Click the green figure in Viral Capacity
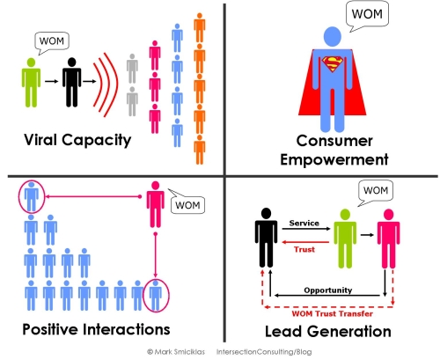[x=31, y=83]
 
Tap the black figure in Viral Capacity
[x=71, y=83]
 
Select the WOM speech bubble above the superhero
[x=367, y=14]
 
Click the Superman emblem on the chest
[x=333, y=64]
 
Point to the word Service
[x=304, y=223]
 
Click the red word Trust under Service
[x=304, y=249]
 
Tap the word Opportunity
[x=328, y=290]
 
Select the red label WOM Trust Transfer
[x=333, y=313]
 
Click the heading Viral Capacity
[x=77, y=140]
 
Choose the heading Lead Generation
[x=328, y=332]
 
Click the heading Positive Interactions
[x=96, y=329]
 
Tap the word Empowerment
[x=334, y=160]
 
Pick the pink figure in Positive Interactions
[x=156, y=204]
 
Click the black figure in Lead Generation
[x=266, y=238]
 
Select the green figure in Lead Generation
[x=345, y=239]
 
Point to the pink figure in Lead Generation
[x=388, y=239]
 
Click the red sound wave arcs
[x=106, y=85]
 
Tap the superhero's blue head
[x=333, y=36]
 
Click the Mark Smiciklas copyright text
[x=176, y=351]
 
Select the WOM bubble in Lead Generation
[x=376, y=193]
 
